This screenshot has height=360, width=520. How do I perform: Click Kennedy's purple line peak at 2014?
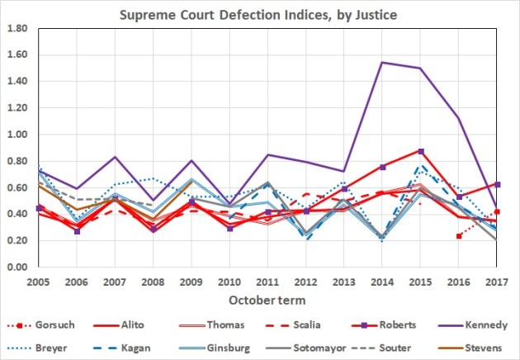(x=382, y=63)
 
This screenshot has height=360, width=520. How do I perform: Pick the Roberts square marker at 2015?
(x=421, y=151)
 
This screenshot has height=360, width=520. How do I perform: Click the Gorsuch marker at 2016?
(x=459, y=236)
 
